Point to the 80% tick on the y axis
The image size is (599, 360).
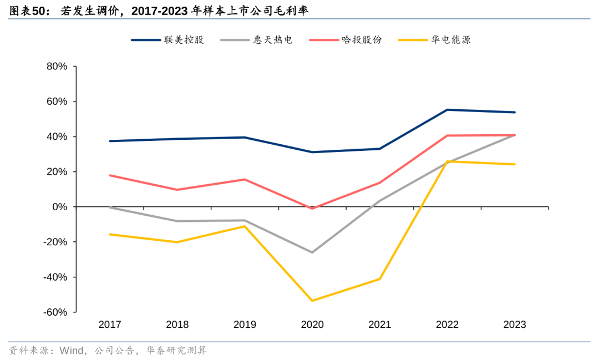[55, 67]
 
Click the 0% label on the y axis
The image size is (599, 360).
[59, 207]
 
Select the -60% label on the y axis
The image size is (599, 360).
[54, 312]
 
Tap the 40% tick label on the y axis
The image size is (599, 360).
[55, 136]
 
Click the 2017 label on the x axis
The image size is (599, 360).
[110, 324]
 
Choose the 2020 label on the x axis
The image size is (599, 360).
[312, 324]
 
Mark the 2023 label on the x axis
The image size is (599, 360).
[514, 324]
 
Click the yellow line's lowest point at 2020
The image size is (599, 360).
[312, 301]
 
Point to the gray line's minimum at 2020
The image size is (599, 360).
[312, 252]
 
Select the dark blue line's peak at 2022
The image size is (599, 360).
[447, 110]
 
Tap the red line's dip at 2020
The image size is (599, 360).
[312, 209]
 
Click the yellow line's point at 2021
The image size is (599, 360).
[380, 278]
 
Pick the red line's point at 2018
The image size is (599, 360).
[177, 190]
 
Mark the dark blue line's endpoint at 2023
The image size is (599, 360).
[515, 112]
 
